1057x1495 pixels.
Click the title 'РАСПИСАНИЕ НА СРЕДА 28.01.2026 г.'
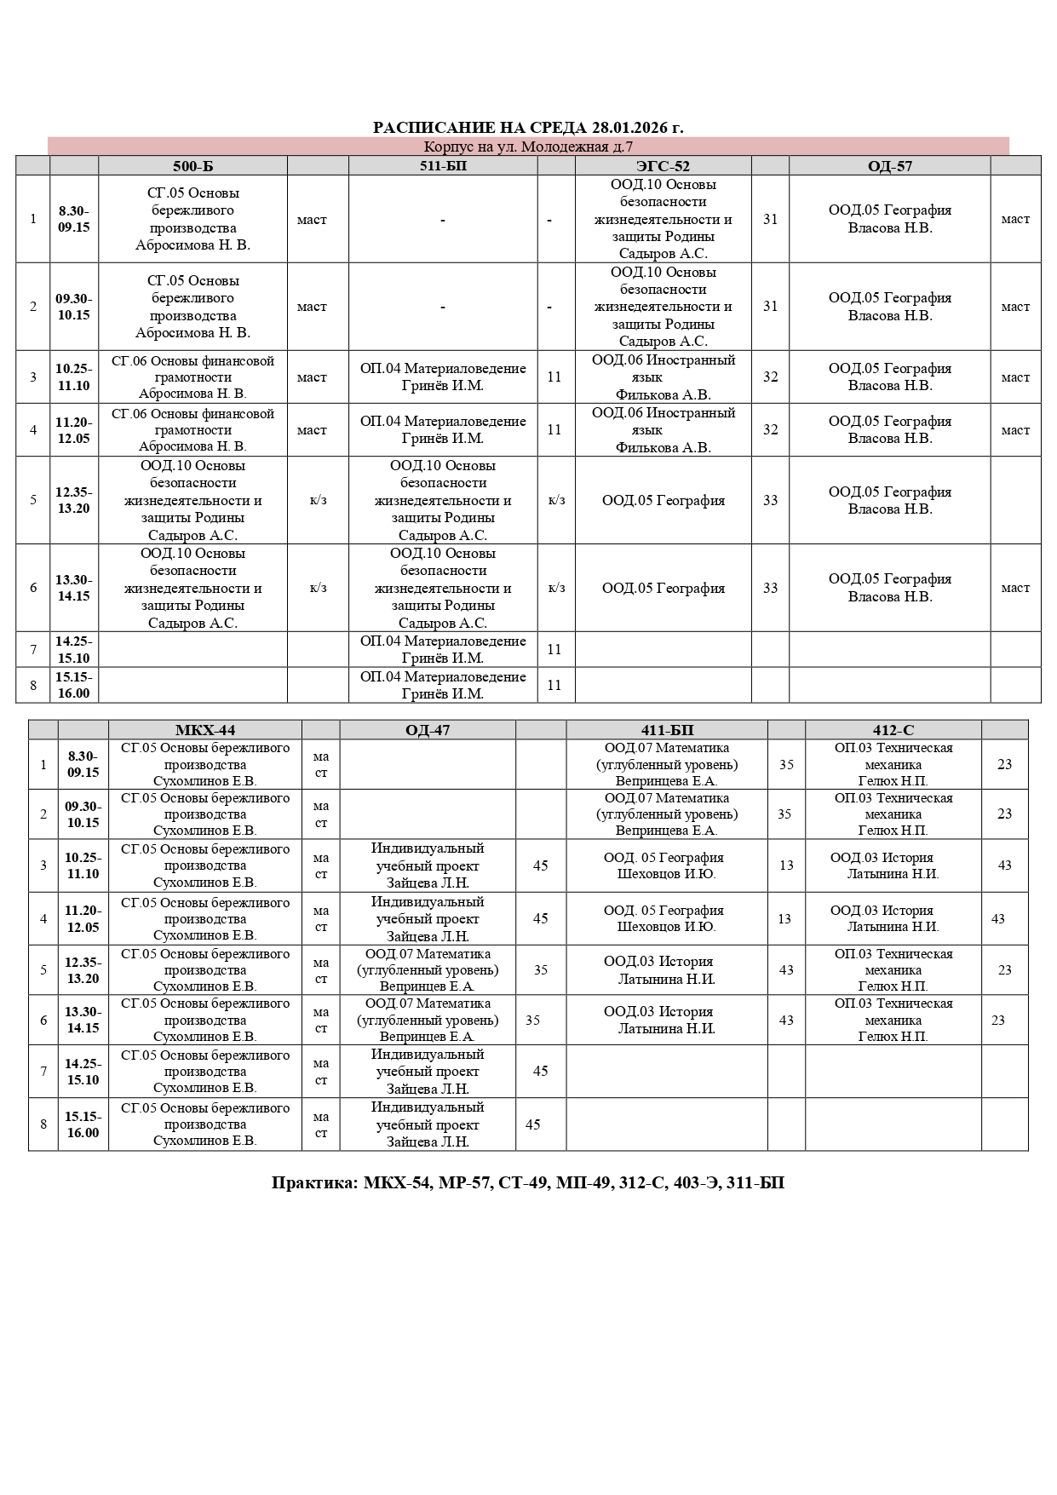click(x=528, y=128)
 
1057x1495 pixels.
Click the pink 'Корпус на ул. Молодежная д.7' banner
click(x=528, y=147)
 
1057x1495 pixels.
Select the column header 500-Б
click(x=192, y=166)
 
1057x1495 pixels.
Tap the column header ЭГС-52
click(x=663, y=166)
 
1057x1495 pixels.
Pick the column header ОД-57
click(x=889, y=166)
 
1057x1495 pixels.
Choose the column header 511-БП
click(x=443, y=166)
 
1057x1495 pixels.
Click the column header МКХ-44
click(x=204, y=730)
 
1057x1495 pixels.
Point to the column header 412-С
click(x=893, y=730)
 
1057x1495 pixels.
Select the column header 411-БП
click(x=667, y=730)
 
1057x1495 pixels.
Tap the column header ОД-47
click(x=428, y=730)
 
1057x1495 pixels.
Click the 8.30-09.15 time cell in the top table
click(x=74, y=219)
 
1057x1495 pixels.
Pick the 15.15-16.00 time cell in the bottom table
click(x=83, y=1124)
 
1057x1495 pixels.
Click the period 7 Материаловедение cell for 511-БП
click(x=443, y=649)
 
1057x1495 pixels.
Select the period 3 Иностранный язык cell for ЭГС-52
click(x=663, y=377)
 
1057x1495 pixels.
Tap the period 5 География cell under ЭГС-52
click(x=663, y=500)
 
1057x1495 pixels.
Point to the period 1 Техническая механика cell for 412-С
click(x=893, y=764)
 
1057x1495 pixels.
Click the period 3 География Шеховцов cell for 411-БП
click(x=667, y=865)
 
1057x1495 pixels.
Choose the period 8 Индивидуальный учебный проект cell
click(x=428, y=1124)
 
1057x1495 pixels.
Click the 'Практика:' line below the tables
click(x=528, y=1182)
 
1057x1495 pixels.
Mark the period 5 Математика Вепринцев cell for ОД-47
click(x=428, y=969)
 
